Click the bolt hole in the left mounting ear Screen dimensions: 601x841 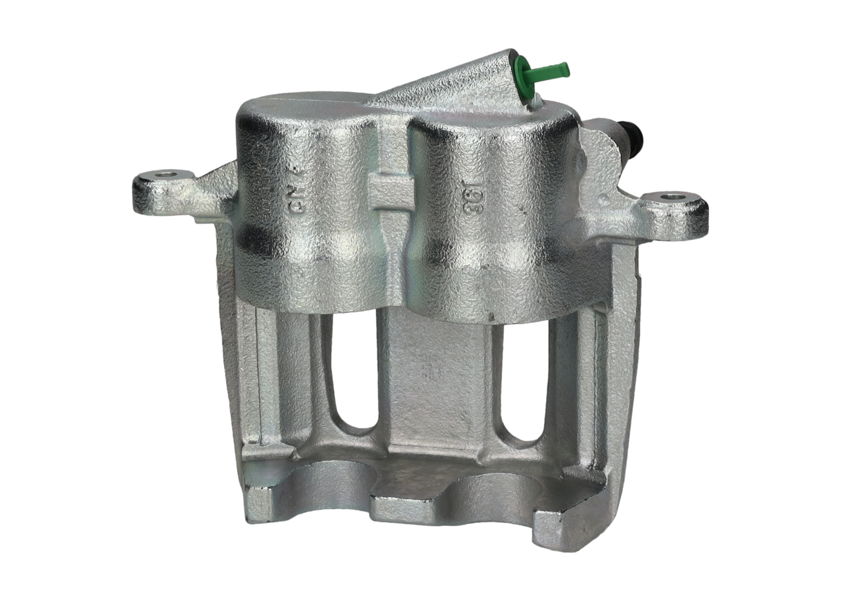point(164,176)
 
